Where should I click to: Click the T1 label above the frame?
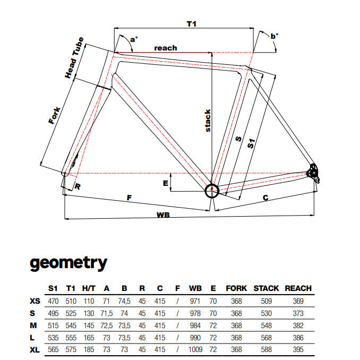pos(192,24)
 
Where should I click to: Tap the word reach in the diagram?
pos(166,48)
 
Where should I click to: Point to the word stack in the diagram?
pos(208,121)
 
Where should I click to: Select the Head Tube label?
pos(74,58)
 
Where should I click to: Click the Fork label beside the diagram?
pos(54,115)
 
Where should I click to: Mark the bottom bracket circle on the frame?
pos(212,191)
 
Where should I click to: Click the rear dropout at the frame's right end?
pos(313,173)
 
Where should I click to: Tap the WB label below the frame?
pos(163,215)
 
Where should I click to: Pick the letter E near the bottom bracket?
pos(166,183)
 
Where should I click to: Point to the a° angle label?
pos(134,39)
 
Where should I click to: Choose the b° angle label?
pos(275,36)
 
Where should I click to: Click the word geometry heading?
pos(68,263)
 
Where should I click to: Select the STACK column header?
pos(266,288)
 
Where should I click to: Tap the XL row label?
pos(35,350)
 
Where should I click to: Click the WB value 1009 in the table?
pos(195,349)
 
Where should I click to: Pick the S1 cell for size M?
pos(53,325)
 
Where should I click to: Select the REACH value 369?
pos(298,301)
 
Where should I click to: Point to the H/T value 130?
pos(89,313)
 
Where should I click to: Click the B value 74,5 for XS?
pos(124,301)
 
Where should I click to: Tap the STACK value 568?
pos(267,338)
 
